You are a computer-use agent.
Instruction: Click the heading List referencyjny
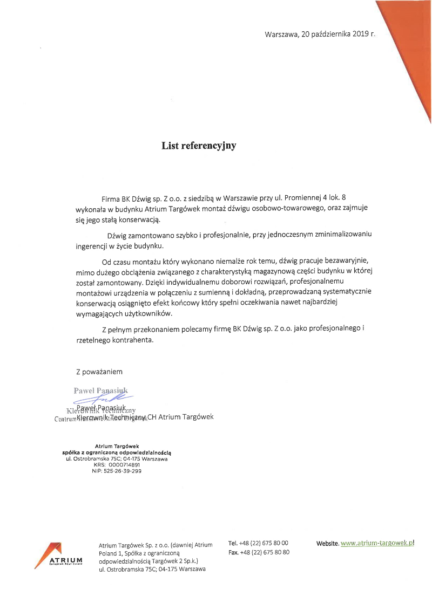pos(199,146)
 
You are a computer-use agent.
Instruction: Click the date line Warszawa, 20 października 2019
pos(320,34)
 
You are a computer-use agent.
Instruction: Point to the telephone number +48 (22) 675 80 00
pos(264,543)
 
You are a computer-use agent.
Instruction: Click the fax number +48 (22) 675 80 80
pos(265,552)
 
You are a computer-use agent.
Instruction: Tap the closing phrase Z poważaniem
pos(99,372)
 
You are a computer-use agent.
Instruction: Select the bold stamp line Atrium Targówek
pos(117,446)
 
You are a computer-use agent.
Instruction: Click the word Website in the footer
pos(327,543)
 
